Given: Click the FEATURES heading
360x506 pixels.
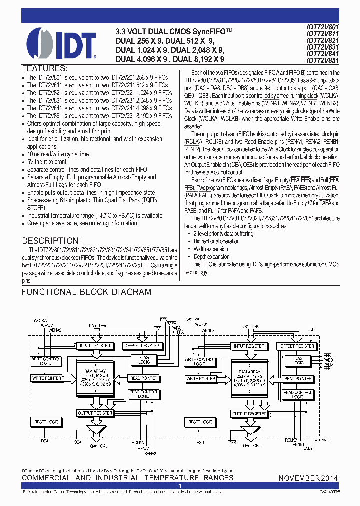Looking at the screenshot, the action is [x=44, y=68].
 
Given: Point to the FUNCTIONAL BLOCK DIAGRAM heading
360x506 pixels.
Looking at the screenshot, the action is [x=86, y=292].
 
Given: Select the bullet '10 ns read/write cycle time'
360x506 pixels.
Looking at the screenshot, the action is [x=58, y=154].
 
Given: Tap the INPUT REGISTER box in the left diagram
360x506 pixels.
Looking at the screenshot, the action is [x=95, y=346].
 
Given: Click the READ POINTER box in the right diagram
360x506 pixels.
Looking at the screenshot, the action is [x=298, y=379].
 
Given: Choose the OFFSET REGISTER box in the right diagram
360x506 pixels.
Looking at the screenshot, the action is [x=297, y=346].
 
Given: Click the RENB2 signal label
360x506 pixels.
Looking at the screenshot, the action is [x=306, y=448].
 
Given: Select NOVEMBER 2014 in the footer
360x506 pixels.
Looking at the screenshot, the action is [x=308, y=478].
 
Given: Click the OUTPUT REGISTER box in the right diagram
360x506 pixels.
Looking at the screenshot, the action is [x=250, y=414].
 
